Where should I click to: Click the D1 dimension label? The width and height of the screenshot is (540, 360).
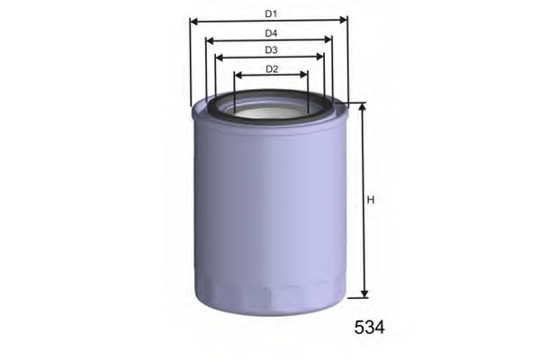pos(270,13)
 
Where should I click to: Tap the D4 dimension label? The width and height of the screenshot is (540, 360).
pos(270,32)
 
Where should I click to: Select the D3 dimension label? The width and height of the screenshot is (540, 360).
pos(270,49)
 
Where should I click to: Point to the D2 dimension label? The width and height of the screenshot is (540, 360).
pos(271,68)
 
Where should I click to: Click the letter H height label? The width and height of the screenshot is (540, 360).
pos(370,200)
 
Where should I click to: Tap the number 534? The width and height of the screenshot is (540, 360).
pos(366,328)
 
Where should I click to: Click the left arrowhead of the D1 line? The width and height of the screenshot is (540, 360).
pos(193,20)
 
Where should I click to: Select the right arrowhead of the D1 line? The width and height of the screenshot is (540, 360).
pos(344,20)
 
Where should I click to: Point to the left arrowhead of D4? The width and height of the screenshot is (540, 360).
pos(210,40)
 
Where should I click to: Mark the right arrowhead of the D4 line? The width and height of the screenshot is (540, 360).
pos(328,40)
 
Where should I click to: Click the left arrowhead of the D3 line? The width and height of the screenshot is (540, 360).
pos(220,57)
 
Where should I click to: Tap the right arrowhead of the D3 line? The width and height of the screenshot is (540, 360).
pos(319,57)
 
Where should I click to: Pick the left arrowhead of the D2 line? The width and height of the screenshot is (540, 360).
pos(238,76)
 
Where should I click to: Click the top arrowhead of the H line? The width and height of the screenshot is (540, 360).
pos(363,107)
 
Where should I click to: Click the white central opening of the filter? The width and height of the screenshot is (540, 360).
pos(270,112)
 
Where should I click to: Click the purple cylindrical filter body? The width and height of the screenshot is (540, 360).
pos(270,207)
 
